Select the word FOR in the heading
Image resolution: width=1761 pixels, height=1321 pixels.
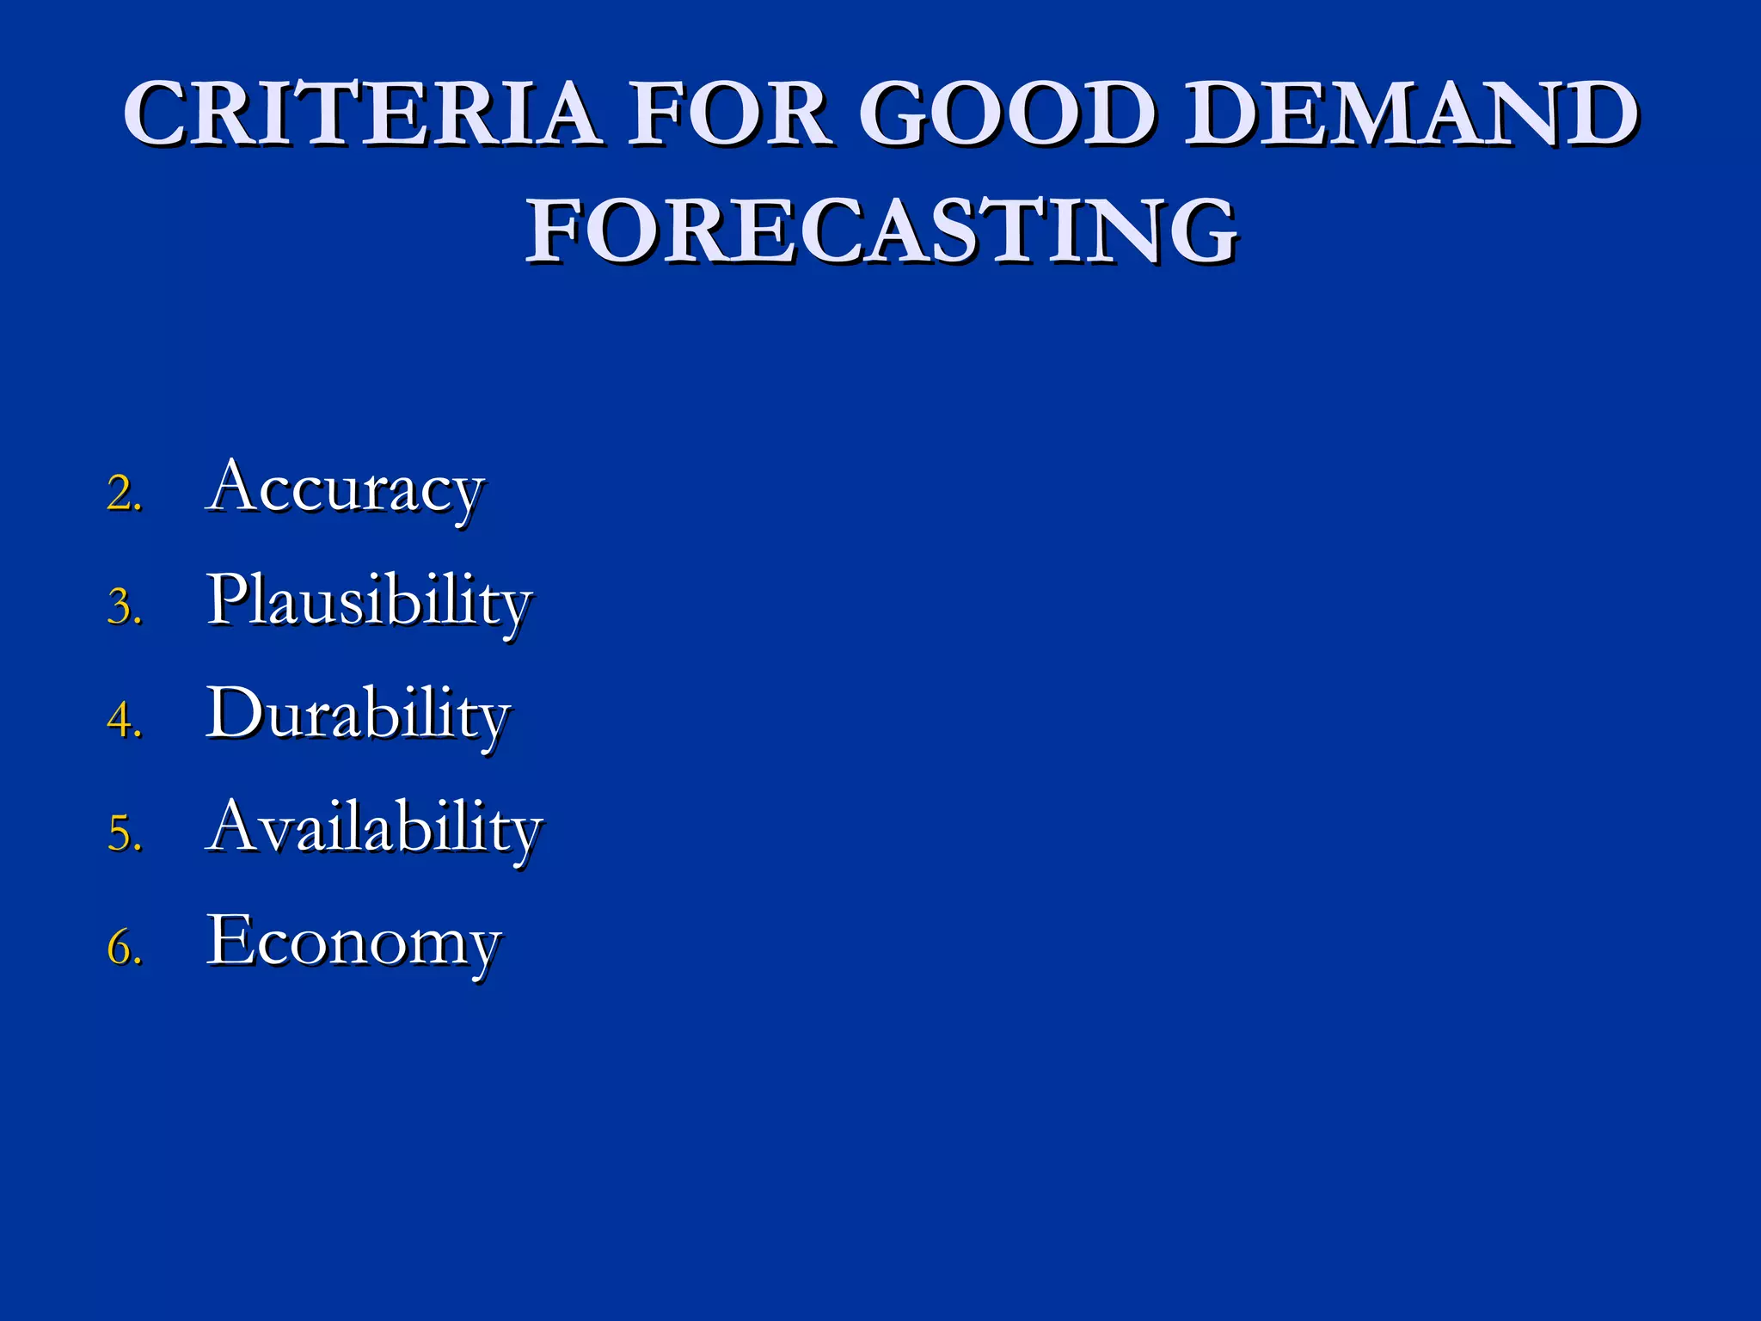pyautogui.click(x=729, y=114)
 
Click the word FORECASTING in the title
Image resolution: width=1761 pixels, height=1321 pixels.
pyautogui.click(x=881, y=230)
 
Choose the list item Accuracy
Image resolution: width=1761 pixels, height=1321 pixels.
pyautogui.click(x=345, y=488)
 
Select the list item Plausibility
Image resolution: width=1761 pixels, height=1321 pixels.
pyautogui.click(x=370, y=602)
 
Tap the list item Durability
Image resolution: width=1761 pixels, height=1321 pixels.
pyautogui.click(x=359, y=716)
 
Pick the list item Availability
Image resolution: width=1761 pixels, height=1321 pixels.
pyautogui.click(x=375, y=829)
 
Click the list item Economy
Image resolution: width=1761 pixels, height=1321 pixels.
pyautogui.click(x=353, y=943)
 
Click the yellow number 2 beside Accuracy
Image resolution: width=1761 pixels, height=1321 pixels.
pyautogui.click(x=121, y=495)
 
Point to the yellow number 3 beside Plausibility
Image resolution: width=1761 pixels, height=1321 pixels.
pyautogui.click(x=121, y=607)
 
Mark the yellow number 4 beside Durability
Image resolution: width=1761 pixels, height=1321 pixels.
pyautogui.click(x=121, y=721)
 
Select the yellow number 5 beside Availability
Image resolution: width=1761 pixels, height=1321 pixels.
pyautogui.click(x=121, y=834)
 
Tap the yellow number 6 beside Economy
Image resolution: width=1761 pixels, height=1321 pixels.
pyautogui.click(x=121, y=948)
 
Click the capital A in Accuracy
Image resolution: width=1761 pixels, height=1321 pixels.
pyautogui.click(x=234, y=487)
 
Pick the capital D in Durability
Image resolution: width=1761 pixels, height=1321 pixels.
pyautogui.click(x=232, y=712)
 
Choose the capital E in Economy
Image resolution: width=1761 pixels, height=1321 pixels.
pyautogui.click(x=229, y=939)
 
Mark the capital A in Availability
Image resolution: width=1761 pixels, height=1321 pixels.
pyautogui.click(x=234, y=826)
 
